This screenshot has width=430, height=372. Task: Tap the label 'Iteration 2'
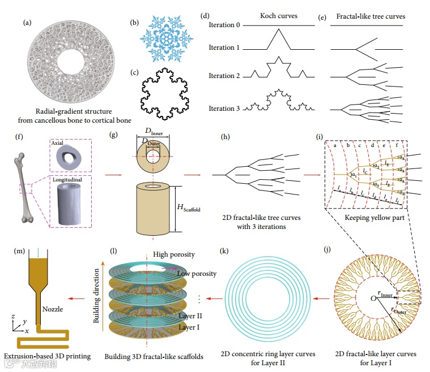[229, 76]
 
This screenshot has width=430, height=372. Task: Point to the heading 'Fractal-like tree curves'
[371, 16]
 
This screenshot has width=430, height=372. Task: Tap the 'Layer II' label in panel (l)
[190, 317]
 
